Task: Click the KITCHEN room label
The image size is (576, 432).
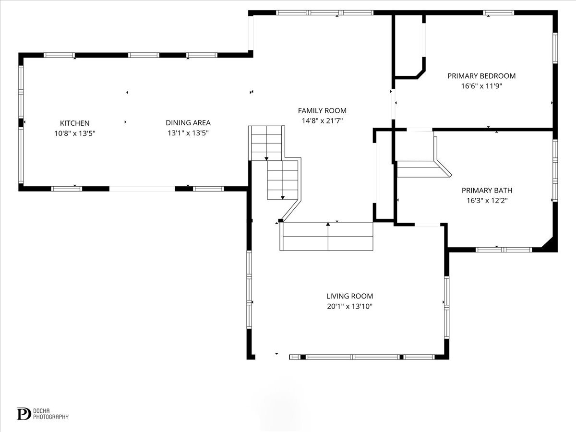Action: tap(74, 123)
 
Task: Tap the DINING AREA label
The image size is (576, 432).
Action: tap(188, 123)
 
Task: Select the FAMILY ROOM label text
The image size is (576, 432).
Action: tap(322, 111)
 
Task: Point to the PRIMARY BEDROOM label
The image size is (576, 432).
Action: tap(481, 76)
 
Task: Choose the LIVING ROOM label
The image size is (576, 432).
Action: tap(349, 296)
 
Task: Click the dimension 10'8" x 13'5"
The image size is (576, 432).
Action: tap(74, 133)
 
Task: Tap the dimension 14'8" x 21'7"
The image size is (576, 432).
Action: tap(322, 121)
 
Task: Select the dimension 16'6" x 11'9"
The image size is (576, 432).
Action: tap(481, 86)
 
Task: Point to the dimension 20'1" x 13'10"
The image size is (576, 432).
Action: tap(349, 306)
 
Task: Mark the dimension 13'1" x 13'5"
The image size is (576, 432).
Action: tap(188, 133)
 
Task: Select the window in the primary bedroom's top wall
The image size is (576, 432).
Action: tap(498, 13)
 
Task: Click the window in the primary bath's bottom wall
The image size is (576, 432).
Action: tap(504, 250)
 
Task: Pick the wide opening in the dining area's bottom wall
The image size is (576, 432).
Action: tap(142, 189)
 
